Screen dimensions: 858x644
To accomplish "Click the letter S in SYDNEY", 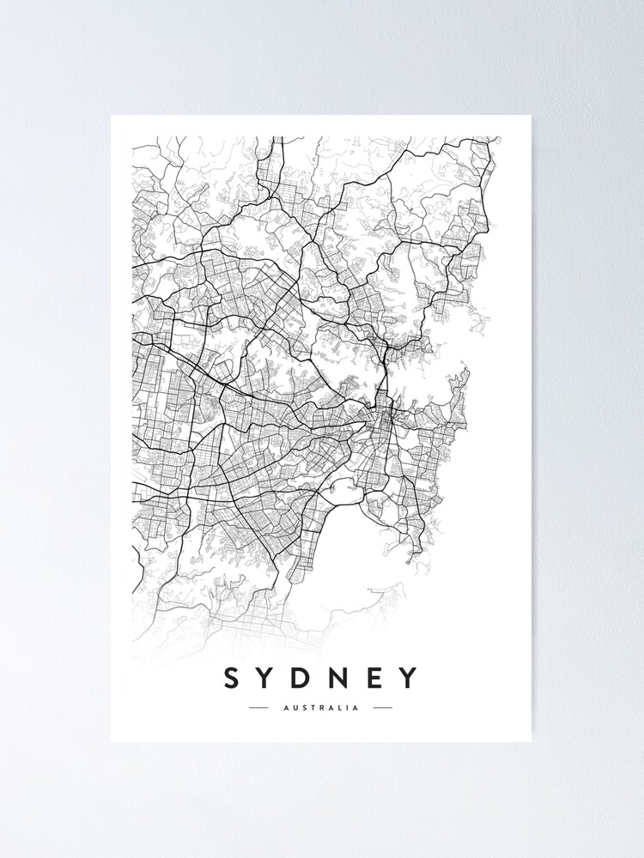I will pyautogui.click(x=231, y=678).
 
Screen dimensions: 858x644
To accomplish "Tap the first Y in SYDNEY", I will pyautogui.click(x=266, y=678).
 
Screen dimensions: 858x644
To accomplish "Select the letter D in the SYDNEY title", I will pyautogui.click(x=302, y=678).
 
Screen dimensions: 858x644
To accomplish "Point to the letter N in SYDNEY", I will pyautogui.click(x=340, y=678).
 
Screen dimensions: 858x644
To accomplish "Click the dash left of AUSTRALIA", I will pyautogui.click(x=258, y=708).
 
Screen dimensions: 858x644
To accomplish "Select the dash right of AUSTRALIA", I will pyautogui.click(x=382, y=708).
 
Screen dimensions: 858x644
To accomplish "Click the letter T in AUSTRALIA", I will pyautogui.click(x=310, y=708).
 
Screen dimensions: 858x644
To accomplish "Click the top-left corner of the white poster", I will pyautogui.click(x=112, y=116).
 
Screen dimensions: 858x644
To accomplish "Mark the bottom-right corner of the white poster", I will pyautogui.click(x=531, y=741).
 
